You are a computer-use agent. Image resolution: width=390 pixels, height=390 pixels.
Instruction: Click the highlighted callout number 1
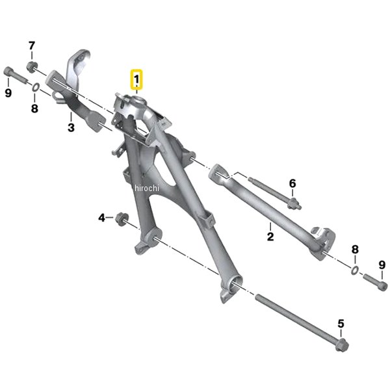click(136, 79)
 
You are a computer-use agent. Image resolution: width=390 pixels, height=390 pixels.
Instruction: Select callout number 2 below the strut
click(270, 237)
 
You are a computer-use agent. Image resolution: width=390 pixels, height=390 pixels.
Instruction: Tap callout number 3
click(71, 127)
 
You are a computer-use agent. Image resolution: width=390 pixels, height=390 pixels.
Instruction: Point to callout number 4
click(102, 218)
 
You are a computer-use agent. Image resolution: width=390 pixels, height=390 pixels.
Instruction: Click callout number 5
click(341, 324)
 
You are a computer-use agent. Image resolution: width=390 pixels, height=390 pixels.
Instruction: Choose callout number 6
click(292, 183)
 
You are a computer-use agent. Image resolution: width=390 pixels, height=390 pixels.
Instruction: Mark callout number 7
click(32, 45)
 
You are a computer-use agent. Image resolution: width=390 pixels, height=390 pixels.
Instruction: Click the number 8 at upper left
click(34, 109)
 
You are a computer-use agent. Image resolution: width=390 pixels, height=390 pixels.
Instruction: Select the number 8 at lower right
click(355, 250)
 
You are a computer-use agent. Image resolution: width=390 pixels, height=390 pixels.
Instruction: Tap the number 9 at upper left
click(8, 93)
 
